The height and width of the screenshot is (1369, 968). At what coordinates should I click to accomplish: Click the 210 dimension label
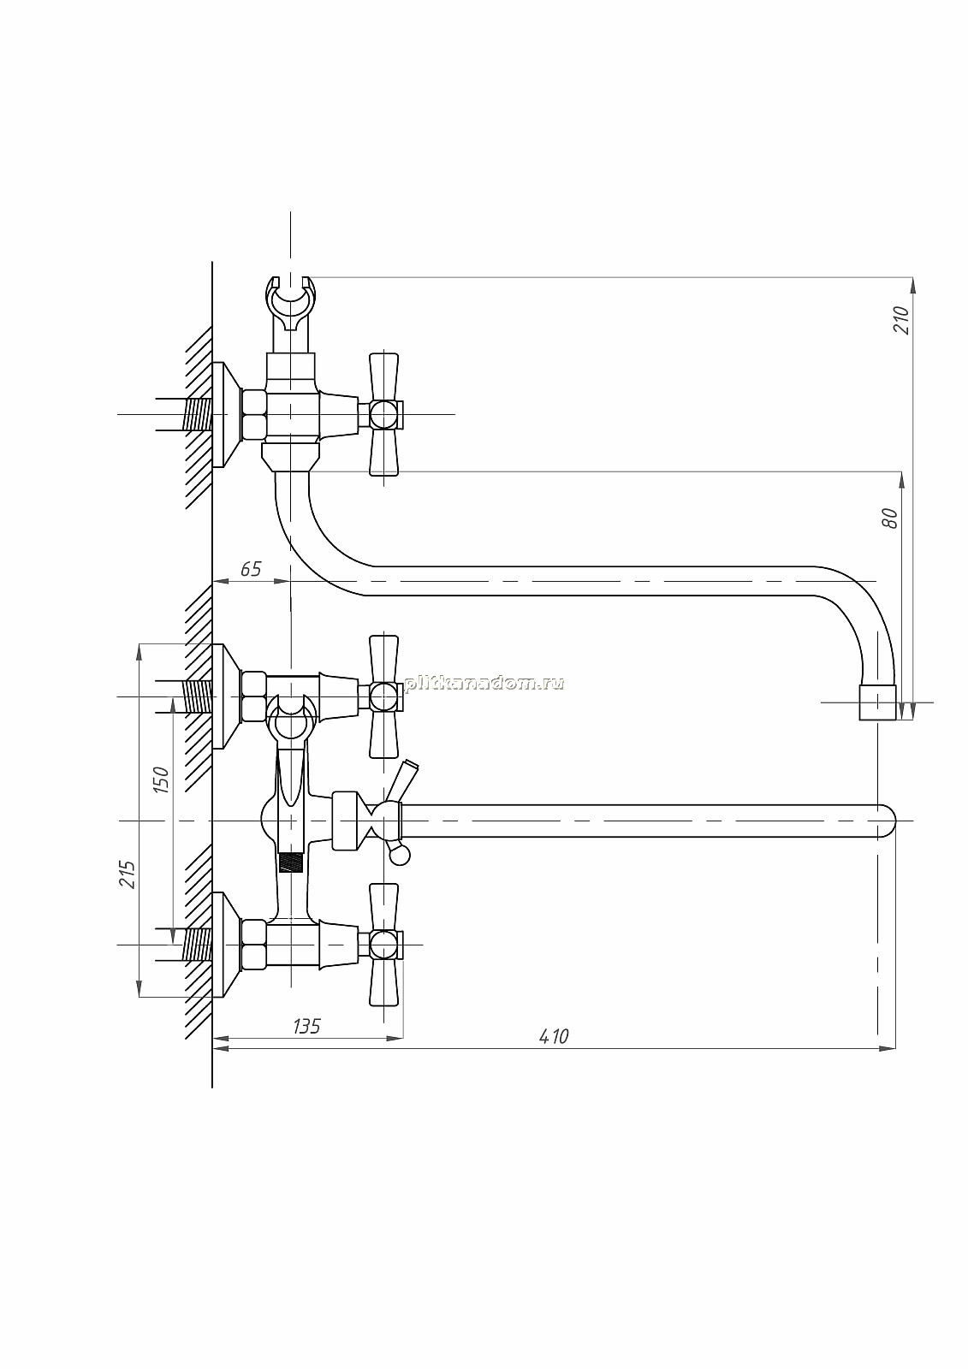[x=902, y=320]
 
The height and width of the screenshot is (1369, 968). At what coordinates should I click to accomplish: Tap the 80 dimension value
[x=892, y=518]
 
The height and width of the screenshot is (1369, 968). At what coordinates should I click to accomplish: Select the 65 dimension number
[x=251, y=569]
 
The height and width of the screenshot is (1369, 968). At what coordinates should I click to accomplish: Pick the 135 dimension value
[x=306, y=1026]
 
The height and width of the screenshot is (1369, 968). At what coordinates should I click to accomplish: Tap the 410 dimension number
[x=554, y=1036]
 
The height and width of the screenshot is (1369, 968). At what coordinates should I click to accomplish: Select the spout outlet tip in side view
[x=877, y=702]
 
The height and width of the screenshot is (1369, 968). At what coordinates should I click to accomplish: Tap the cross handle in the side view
[x=384, y=414]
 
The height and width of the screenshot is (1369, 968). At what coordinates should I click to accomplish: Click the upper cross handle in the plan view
[x=384, y=696]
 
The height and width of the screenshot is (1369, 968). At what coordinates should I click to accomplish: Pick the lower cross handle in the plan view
[x=384, y=945]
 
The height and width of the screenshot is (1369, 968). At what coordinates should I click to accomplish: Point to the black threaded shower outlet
[x=291, y=863]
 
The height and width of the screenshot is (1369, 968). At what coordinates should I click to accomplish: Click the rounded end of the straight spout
[x=888, y=821]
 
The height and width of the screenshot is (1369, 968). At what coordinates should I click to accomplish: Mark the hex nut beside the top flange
[x=254, y=414]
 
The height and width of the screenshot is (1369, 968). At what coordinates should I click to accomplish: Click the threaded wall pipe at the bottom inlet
[x=197, y=945]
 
